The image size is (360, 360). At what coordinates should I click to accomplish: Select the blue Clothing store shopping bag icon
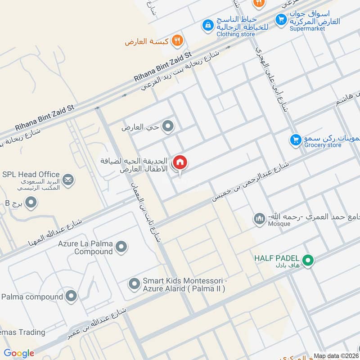(207, 25)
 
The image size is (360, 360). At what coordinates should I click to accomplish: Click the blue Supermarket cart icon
(281, 19)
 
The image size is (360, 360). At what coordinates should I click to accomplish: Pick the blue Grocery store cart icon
(295, 140)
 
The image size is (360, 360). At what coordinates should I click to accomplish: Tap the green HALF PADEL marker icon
(308, 260)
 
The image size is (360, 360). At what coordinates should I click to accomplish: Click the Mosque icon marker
(259, 219)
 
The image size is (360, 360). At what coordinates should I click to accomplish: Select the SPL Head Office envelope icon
(68, 180)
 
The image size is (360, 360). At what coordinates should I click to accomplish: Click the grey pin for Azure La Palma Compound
(121, 247)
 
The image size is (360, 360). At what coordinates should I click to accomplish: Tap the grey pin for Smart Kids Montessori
(134, 284)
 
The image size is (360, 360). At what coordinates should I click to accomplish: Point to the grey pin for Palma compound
(71, 296)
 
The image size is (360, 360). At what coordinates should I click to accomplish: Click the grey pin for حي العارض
(168, 127)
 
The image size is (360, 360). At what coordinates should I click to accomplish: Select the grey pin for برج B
(31, 203)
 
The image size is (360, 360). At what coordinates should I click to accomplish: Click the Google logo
(19, 353)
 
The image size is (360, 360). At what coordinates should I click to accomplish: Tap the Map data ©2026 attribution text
(336, 356)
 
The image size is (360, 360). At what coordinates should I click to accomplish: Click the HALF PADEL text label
(276, 258)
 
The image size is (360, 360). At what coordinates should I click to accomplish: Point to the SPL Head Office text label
(31, 174)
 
